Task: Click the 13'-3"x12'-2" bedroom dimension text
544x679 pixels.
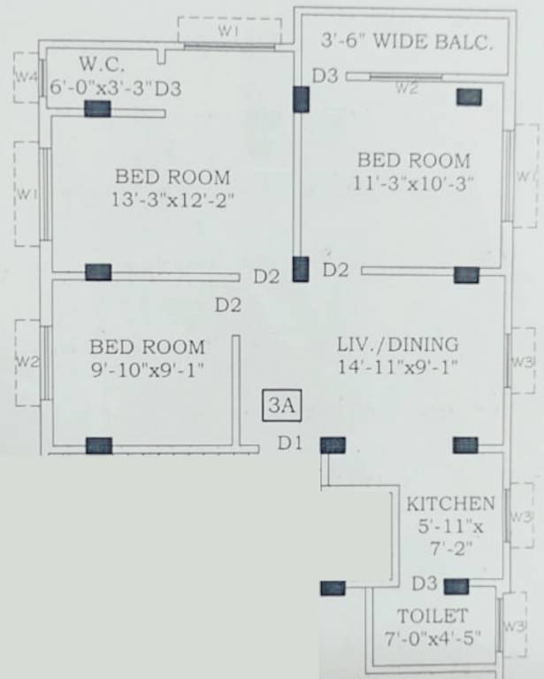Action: (172, 201)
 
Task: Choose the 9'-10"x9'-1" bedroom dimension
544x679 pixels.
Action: (147, 370)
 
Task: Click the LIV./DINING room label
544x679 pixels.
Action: (397, 344)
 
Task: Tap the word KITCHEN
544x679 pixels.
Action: (450, 504)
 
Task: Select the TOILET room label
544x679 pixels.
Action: (432, 615)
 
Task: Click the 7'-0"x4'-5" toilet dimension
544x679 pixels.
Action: (433, 637)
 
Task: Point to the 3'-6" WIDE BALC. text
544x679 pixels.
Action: (407, 42)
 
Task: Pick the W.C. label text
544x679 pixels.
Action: (103, 65)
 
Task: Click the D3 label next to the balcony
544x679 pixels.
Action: (325, 76)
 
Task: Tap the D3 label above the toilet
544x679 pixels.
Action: (425, 584)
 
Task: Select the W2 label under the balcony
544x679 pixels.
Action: (406, 88)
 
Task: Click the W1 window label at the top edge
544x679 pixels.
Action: (229, 31)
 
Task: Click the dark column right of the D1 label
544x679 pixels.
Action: (333, 445)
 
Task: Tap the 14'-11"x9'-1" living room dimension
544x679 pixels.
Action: (397, 366)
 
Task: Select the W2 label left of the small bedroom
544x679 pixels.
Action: (27, 361)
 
